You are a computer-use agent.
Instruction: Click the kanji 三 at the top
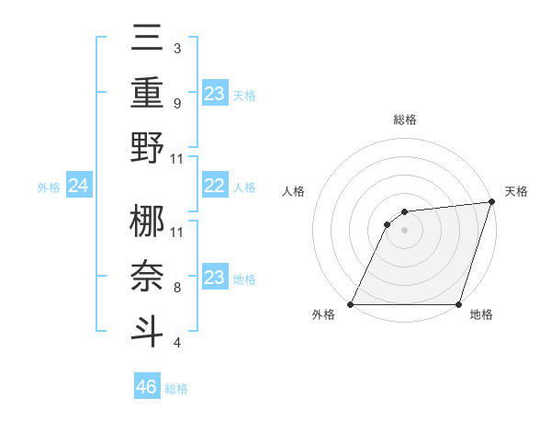(x=148, y=40)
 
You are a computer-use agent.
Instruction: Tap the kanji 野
(x=148, y=146)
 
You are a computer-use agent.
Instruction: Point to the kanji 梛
(x=148, y=221)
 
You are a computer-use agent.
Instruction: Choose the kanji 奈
(x=148, y=275)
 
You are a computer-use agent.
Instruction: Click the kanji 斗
(x=148, y=329)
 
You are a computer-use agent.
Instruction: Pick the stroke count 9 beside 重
(x=177, y=103)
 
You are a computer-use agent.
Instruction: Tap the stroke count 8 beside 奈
(x=177, y=288)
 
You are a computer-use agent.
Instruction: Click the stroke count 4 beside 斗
(x=177, y=343)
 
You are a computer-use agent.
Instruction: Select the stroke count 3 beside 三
(x=177, y=49)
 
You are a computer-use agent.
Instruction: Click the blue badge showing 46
(x=147, y=387)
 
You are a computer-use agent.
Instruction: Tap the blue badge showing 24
(x=79, y=187)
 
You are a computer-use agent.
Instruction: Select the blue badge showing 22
(x=214, y=187)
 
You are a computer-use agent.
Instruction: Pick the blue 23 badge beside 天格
(x=214, y=94)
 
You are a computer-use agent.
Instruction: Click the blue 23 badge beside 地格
(x=214, y=278)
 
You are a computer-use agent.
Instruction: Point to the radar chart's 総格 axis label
(x=405, y=119)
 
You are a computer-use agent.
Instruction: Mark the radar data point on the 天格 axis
(x=492, y=202)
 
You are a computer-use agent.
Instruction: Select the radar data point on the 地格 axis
(x=459, y=304)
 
